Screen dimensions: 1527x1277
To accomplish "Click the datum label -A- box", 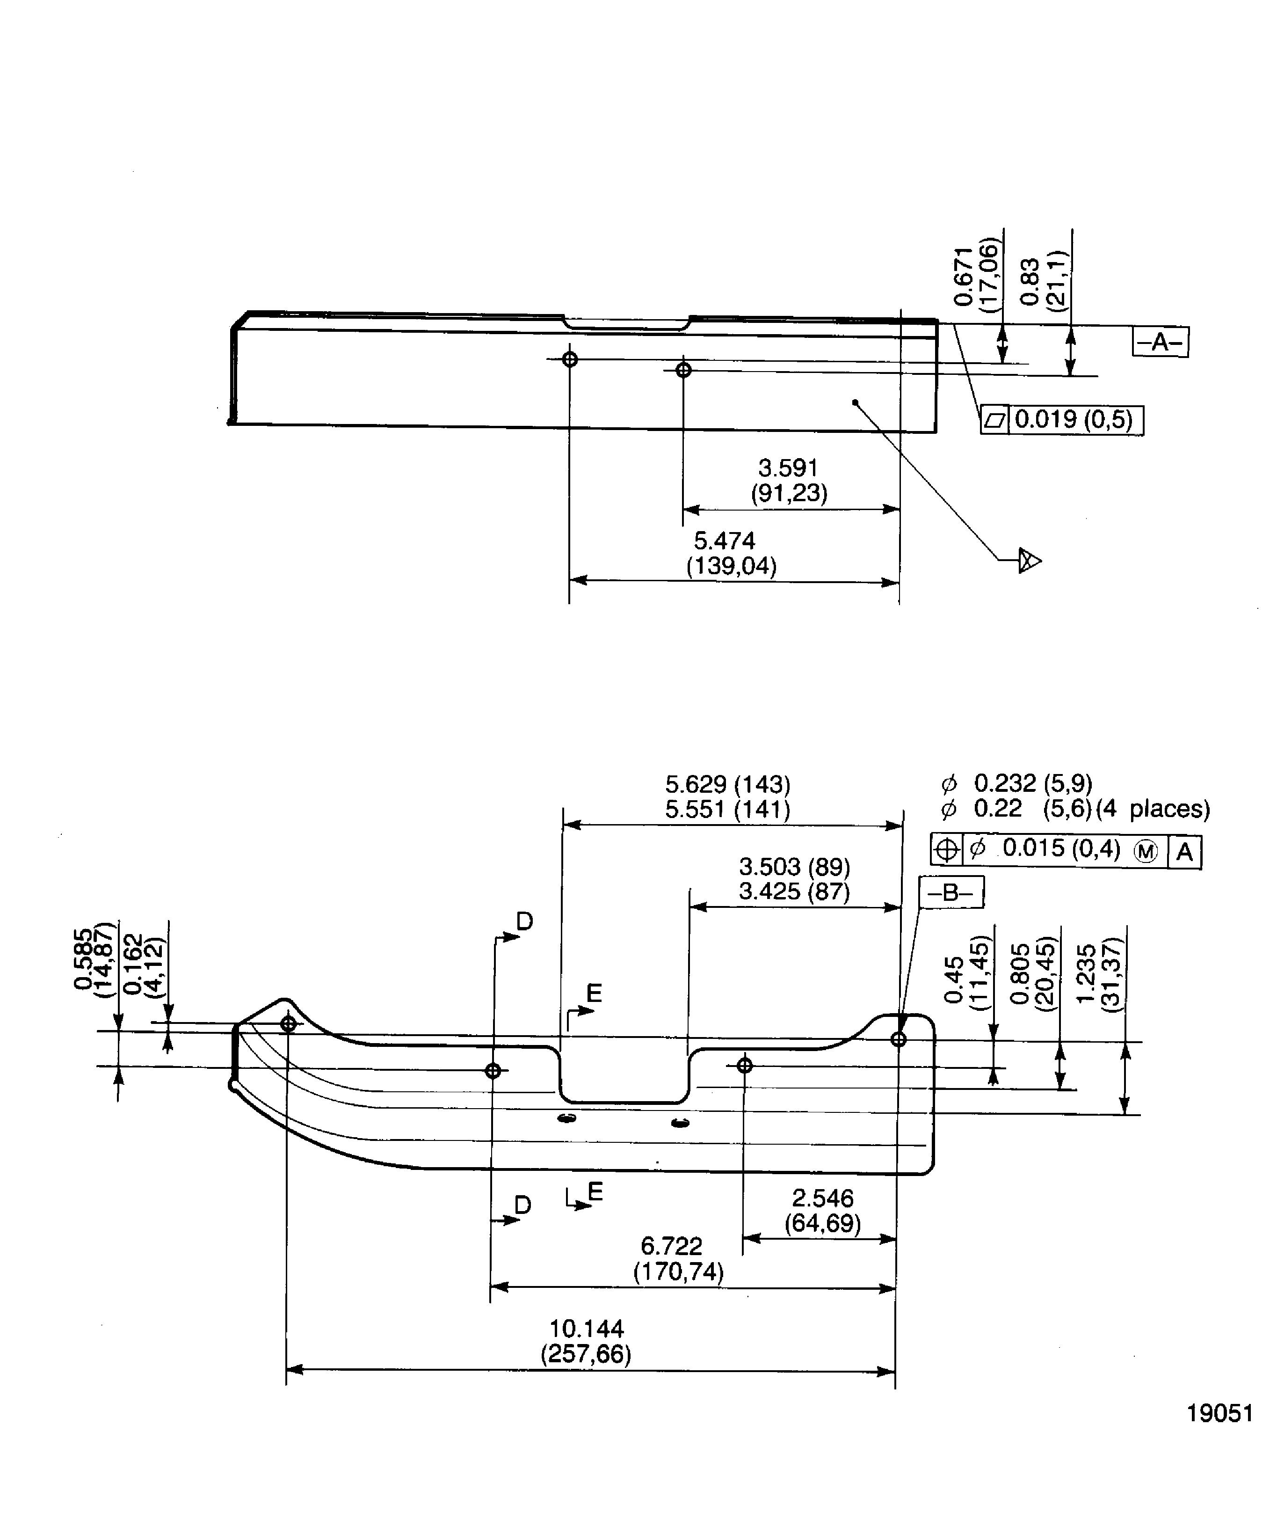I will [x=1160, y=342].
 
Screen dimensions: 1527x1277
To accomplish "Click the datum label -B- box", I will [x=951, y=892].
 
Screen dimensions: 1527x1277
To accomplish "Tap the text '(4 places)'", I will [x=1153, y=809].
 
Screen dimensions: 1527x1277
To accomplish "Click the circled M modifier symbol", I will [x=1146, y=852].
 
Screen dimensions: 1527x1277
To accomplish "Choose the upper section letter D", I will [x=525, y=922].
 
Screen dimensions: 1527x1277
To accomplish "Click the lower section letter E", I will [x=595, y=1191].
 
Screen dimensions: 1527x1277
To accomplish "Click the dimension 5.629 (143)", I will [x=727, y=785].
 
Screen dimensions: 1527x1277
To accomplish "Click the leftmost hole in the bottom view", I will [x=289, y=1024].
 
